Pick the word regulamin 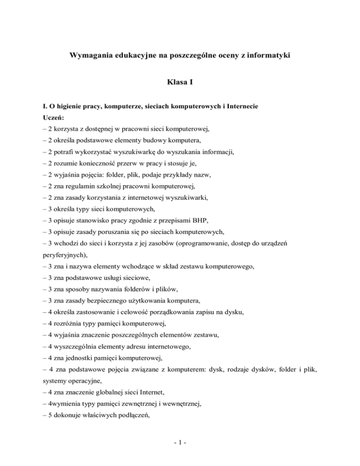(96, 188)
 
